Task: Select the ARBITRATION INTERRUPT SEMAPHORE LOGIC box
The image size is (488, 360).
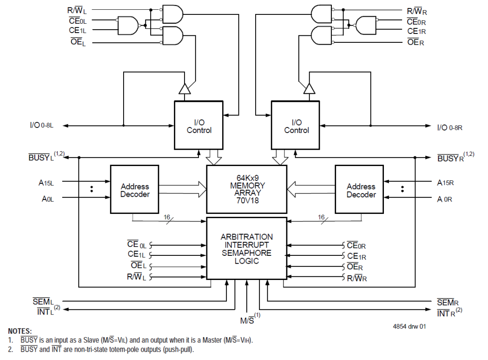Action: [246, 248]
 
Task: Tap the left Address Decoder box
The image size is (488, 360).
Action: [134, 190]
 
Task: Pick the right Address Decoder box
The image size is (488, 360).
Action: [361, 190]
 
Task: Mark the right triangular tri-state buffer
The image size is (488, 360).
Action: [309, 89]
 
